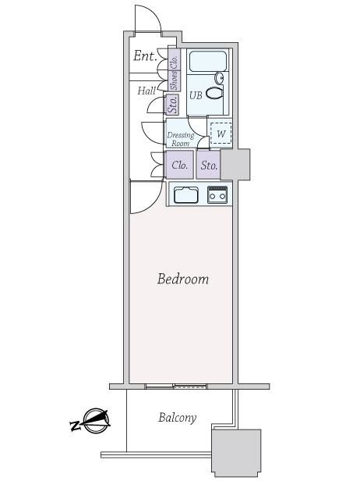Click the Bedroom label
pyautogui.click(x=183, y=280)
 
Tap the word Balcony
pyautogui.click(x=178, y=418)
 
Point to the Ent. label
pyautogui.click(x=145, y=56)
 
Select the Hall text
pyautogui.click(x=146, y=91)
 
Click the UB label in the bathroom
pyautogui.click(x=196, y=95)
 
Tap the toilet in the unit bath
pyautogui.click(x=214, y=93)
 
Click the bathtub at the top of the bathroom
pyautogui.click(x=208, y=62)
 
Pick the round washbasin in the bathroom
pyautogui.click(x=220, y=78)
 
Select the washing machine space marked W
pyautogui.click(x=221, y=134)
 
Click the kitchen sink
pyautogui.click(x=186, y=194)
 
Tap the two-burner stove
pyautogui.click(x=217, y=194)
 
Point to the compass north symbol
pyautogui.click(x=91, y=421)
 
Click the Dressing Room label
pyautogui.click(x=181, y=139)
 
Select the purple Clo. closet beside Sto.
pyautogui.click(x=180, y=165)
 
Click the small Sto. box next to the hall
pyautogui.click(x=173, y=105)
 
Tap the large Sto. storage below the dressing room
pyautogui.click(x=209, y=165)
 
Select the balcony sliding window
pyautogui.click(x=176, y=386)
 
